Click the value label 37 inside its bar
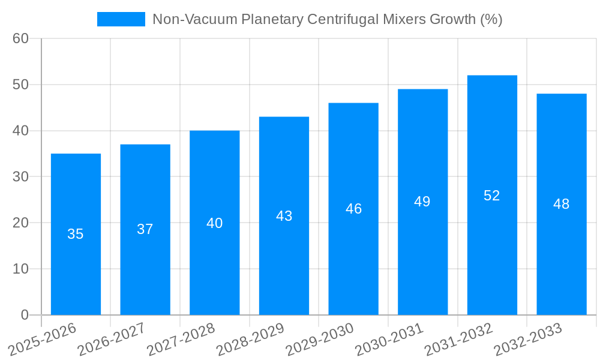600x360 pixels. tap(145, 229)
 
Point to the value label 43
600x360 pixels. tap(284, 216)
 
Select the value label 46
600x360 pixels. tap(353, 209)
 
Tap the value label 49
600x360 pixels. tap(422, 202)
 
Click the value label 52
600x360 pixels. tap(492, 196)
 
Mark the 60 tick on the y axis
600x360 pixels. tap(20, 38)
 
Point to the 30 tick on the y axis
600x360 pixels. tap(20, 176)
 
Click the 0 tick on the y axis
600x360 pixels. tap(25, 314)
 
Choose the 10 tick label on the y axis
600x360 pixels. tap(20, 269)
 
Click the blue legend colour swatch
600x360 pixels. tap(121, 19)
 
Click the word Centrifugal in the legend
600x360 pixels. tap(346, 19)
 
